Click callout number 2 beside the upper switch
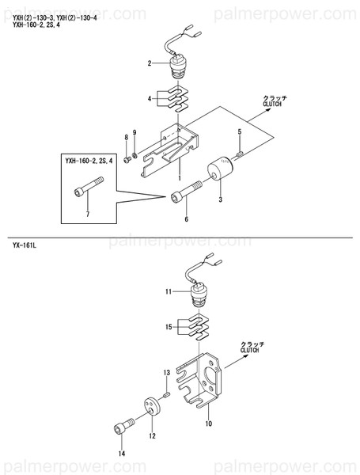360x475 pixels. (149, 63)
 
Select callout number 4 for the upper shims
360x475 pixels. (149, 99)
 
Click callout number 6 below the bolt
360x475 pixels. (186, 219)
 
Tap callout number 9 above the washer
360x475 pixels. (135, 131)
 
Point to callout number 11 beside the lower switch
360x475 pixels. (168, 292)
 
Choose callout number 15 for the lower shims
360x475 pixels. (168, 326)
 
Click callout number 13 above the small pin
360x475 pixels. (166, 371)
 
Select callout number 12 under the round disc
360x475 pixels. (153, 435)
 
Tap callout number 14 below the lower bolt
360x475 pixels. (122, 454)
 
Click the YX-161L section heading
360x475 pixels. (24, 246)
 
